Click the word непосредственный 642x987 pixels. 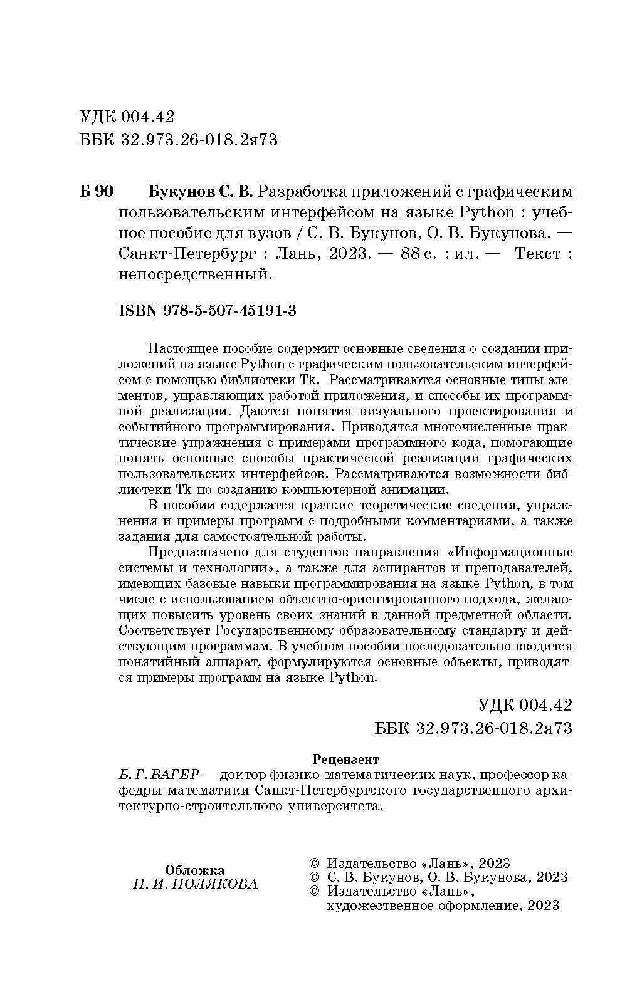(x=194, y=274)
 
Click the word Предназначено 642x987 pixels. (x=193, y=552)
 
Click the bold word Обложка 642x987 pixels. (x=194, y=870)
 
